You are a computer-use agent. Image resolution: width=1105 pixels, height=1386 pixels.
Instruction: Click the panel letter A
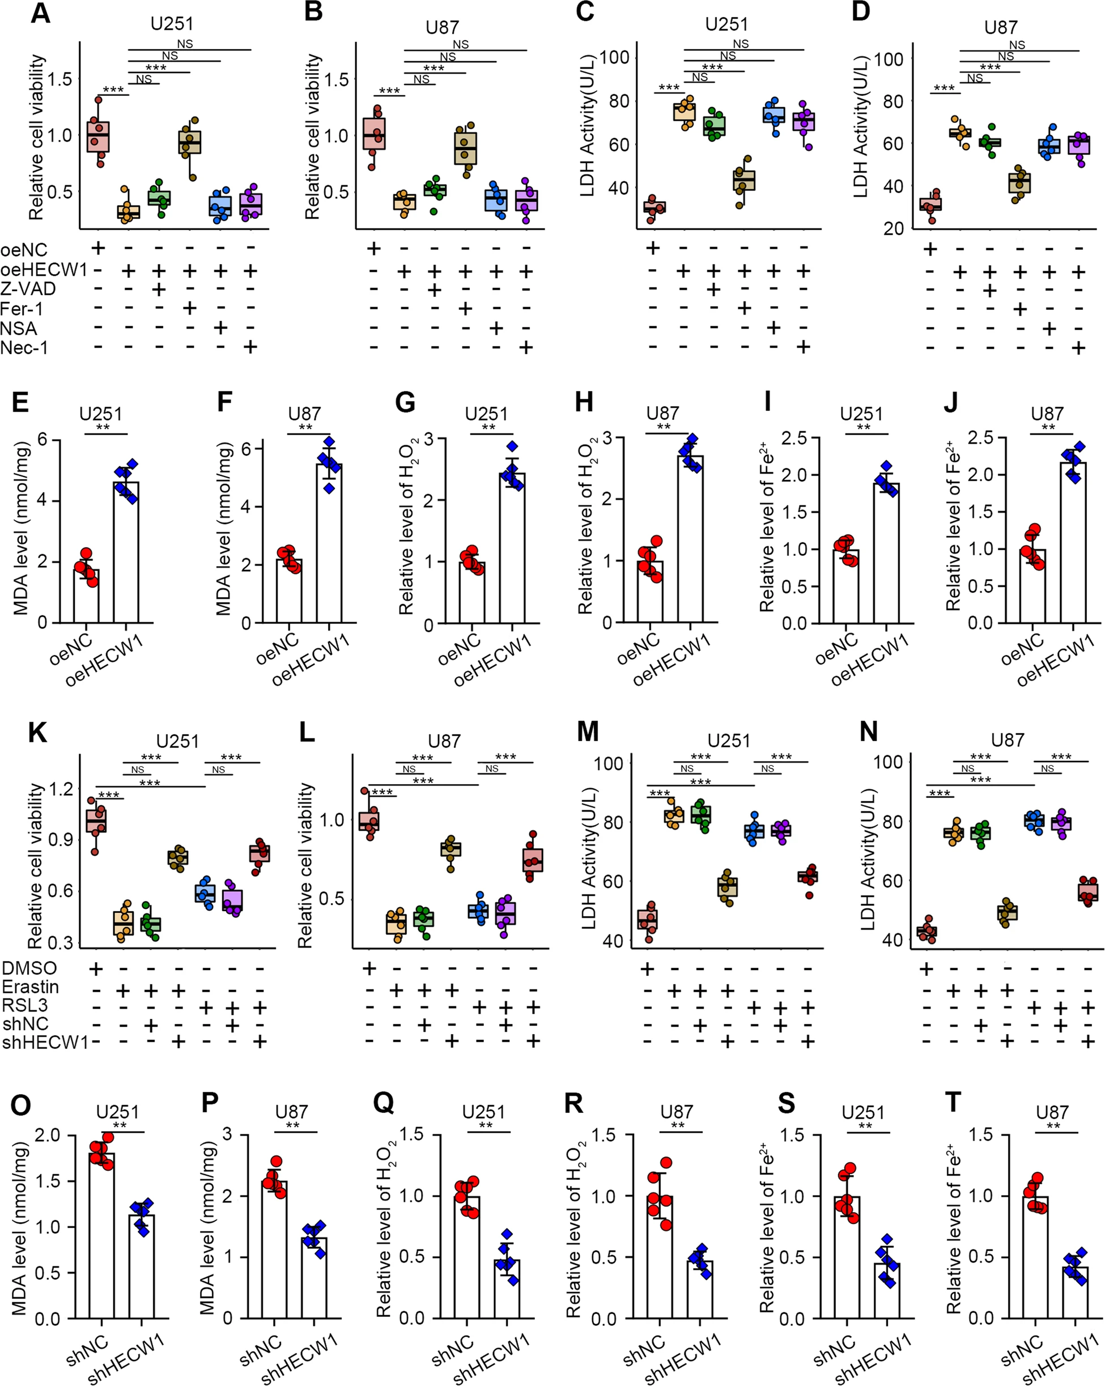tap(40, 13)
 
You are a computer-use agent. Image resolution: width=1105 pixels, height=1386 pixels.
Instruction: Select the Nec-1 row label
tap(24, 348)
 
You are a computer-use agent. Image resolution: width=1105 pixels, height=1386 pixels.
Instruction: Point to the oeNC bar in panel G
tap(472, 592)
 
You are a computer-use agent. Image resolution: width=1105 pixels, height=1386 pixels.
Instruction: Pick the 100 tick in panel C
tap(614, 58)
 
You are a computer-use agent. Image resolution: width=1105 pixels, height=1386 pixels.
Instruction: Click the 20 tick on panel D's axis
tap(894, 229)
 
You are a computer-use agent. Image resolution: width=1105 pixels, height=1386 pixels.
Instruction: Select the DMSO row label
tap(29, 968)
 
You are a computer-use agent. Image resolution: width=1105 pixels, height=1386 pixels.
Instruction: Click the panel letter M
tap(588, 732)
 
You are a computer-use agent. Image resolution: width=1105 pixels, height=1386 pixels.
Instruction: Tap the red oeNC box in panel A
tap(99, 137)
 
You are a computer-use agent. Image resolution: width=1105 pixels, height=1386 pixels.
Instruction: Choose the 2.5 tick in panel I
tap(794, 439)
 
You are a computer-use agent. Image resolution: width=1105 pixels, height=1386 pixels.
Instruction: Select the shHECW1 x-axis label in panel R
tap(683, 1357)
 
